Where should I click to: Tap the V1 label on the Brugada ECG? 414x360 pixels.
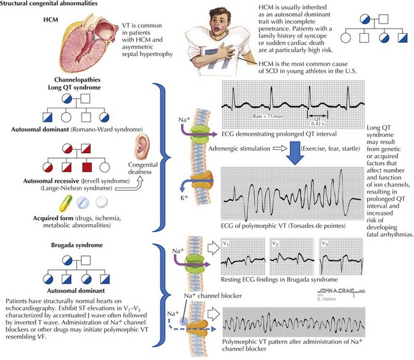click(x=228, y=244)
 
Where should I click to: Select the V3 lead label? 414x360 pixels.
click(x=328, y=244)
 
